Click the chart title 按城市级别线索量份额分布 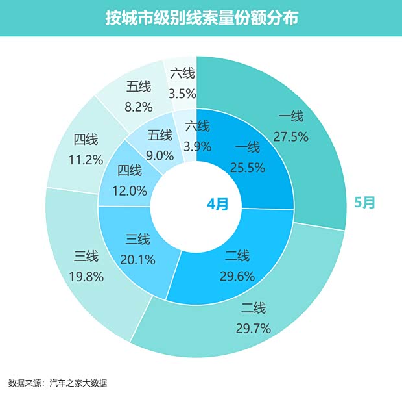tap(201, 18)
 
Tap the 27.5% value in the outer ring tap(290, 137)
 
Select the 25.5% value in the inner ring tap(248, 168)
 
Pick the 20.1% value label tap(137, 260)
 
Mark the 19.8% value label tap(86, 277)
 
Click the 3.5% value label tap(182, 94)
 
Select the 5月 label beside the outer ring tap(364, 202)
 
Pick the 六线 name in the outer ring tap(182, 73)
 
